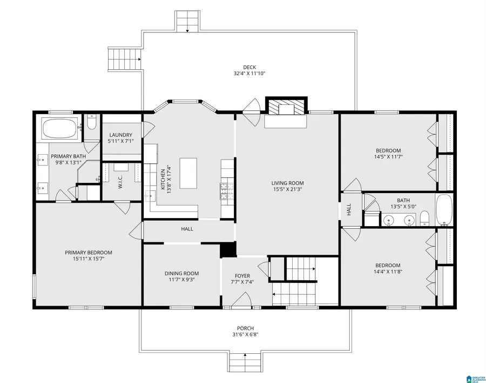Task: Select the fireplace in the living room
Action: click(286, 108)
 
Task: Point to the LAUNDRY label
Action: click(121, 135)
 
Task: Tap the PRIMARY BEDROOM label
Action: click(88, 253)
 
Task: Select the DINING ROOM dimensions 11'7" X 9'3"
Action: click(182, 280)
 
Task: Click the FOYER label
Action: click(242, 275)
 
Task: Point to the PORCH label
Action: click(245, 328)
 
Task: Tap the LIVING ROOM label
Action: click(288, 183)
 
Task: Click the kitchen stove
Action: click(225, 190)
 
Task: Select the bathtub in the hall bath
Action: click(444, 210)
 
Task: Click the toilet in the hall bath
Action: click(425, 219)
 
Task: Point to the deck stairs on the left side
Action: click(123, 58)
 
